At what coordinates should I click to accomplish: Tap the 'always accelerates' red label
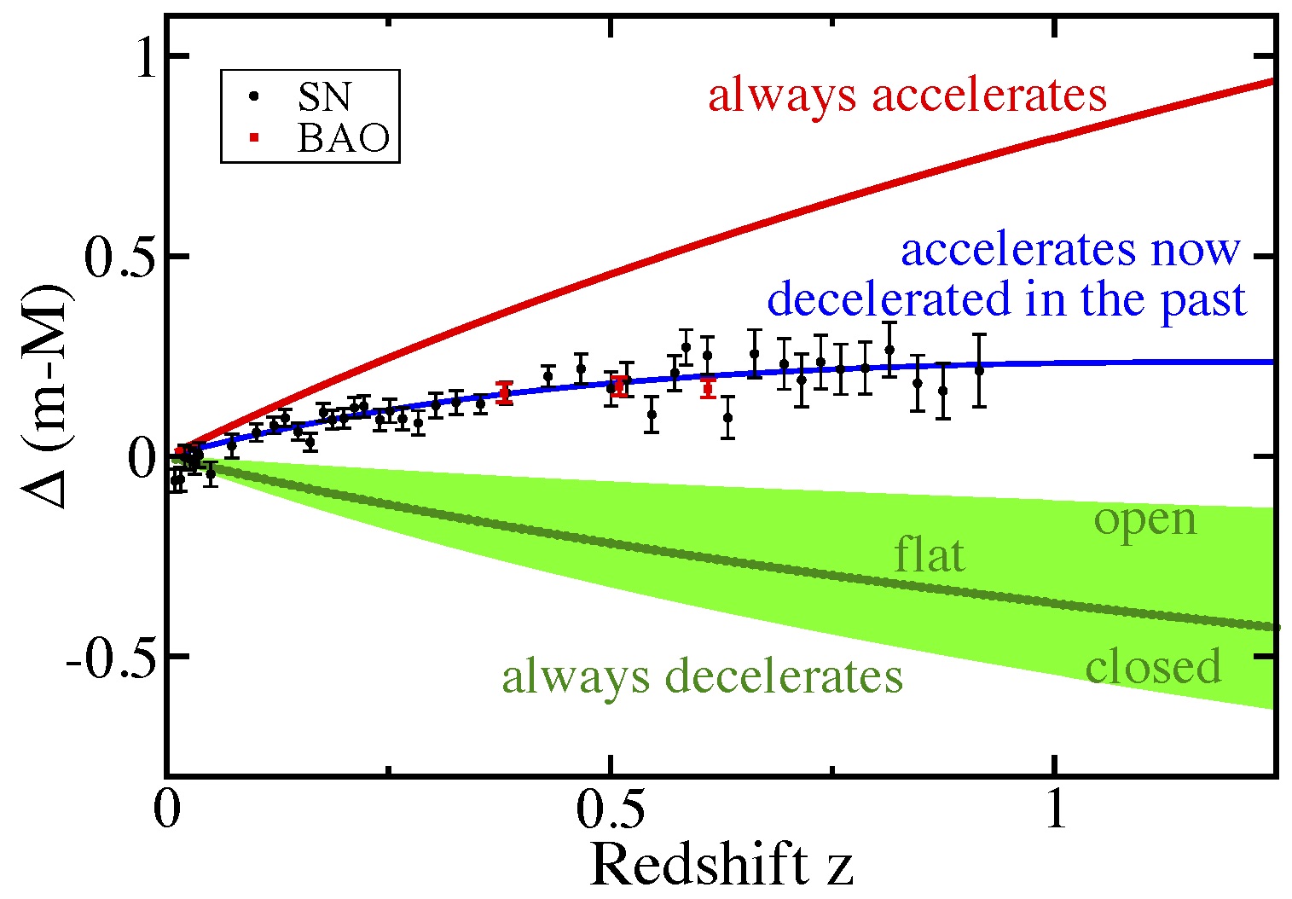[x=907, y=95]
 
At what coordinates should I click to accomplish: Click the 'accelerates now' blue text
[x=1070, y=249]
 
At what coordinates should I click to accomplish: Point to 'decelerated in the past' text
[x=1006, y=299]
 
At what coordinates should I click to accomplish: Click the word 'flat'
[x=930, y=556]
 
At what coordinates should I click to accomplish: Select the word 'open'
[x=1145, y=520]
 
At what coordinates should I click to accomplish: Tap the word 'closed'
[x=1153, y=666]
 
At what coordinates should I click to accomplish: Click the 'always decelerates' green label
[x=702, y=677]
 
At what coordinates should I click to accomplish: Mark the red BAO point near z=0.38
[x=504, y=393]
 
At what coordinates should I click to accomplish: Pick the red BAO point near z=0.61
[x=707, y=389]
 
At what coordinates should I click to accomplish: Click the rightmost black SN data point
[x=979, y=369]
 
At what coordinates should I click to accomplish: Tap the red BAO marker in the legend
[x=254, y=137]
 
